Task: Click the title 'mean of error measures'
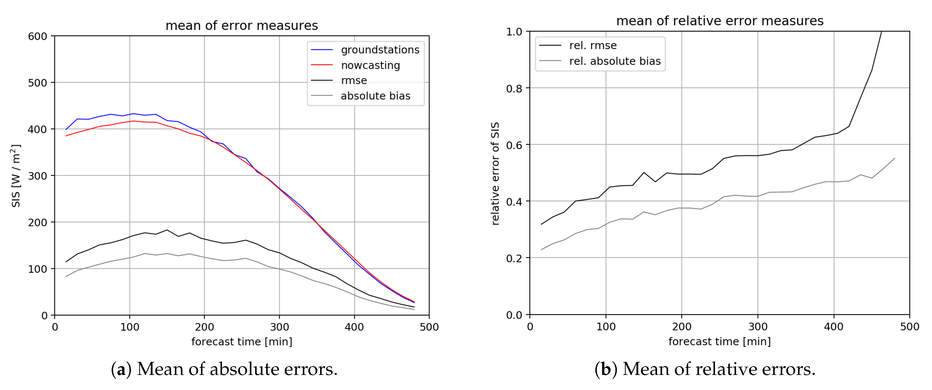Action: pos(241,26)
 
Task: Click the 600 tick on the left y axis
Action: pos(38,36)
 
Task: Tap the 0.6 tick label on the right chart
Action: pos(514,145)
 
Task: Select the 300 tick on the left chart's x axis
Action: pos(279,327)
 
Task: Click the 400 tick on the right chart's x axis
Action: pos(834,327)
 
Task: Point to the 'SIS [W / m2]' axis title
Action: pos(16,176)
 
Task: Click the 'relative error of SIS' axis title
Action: pos(495,174)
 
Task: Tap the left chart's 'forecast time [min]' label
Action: pos(242,342)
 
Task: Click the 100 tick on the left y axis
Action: pos(38,269)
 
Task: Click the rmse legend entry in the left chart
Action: pos(353,80)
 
